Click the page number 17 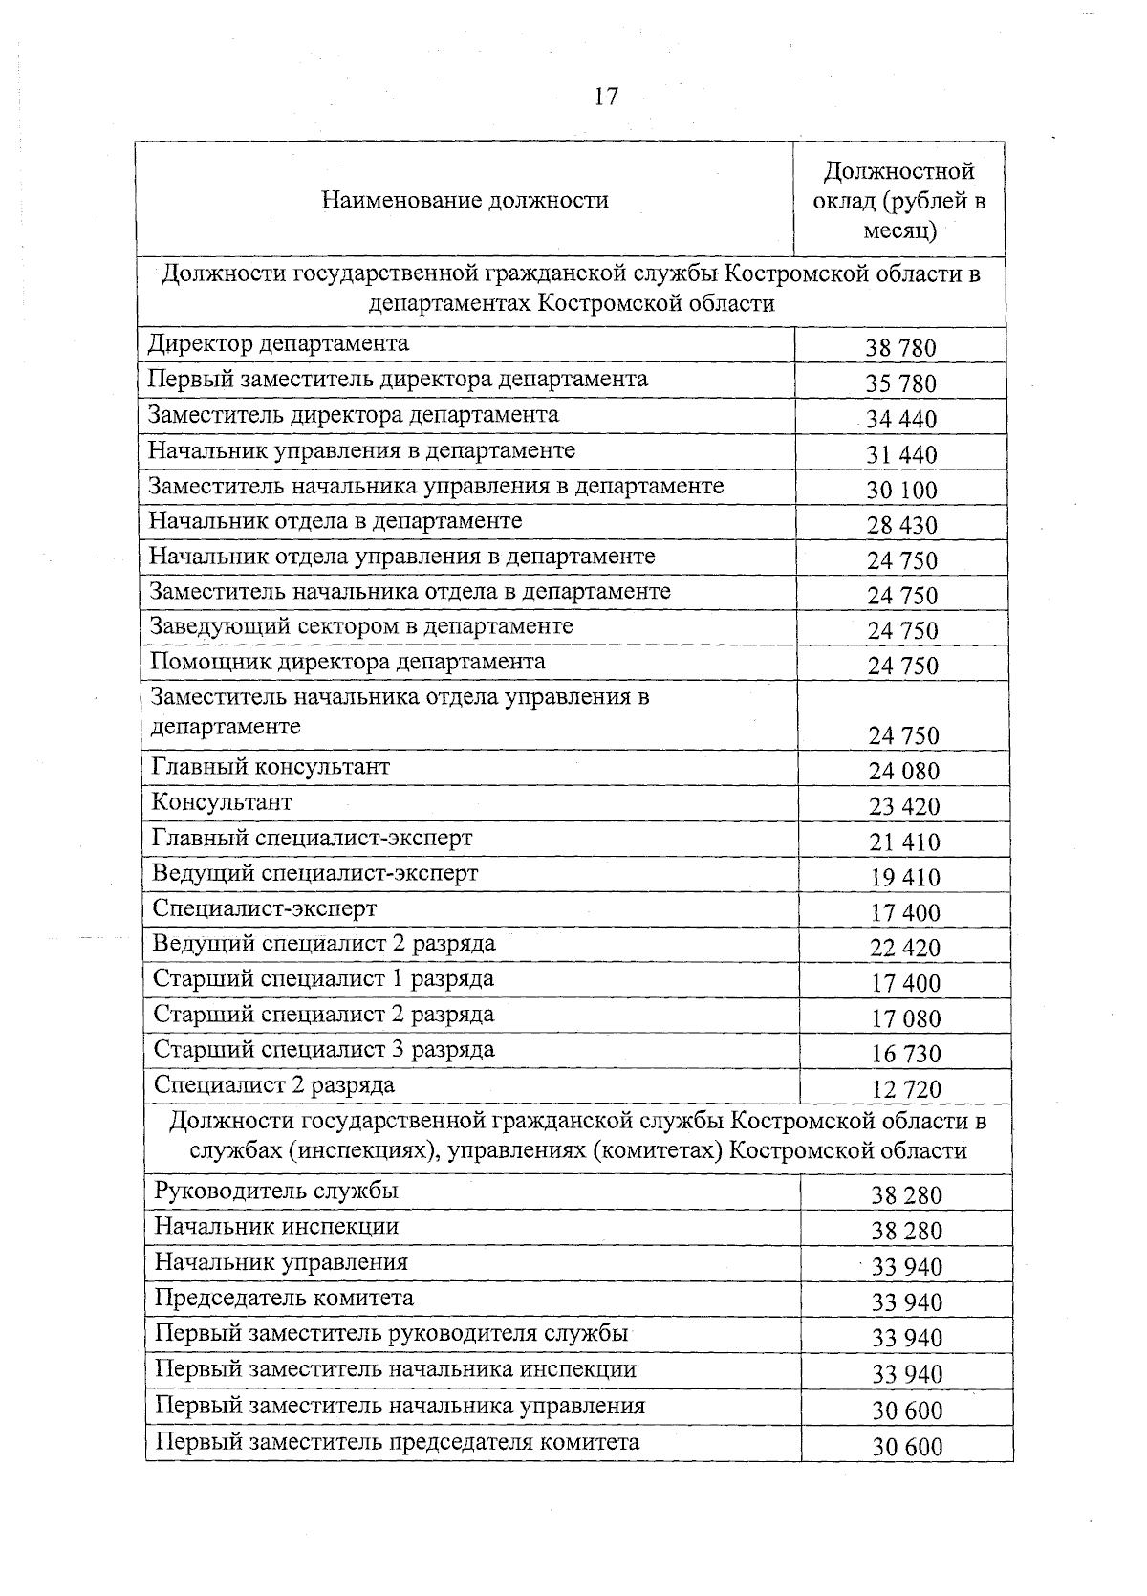[x=606, y=97]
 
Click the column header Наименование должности [x=465, y=200]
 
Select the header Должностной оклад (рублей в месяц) [x=898, y=201]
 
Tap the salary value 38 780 [x=900, y=348]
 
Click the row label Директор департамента [x=278, y=343]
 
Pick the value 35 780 [x=900, y=383]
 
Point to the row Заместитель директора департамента [x=353, y=415]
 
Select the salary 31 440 [x=901, y=454]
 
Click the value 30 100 [x=901, y=490]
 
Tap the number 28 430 [x=901, y=525]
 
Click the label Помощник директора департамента [x=348, y=662]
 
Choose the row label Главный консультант [x=271, y=767]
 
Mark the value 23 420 [x=904, y=806]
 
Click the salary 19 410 [x=904, y=877]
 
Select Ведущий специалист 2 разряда [x=324, y=944]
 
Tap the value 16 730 [x=906, y=1054]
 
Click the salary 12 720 [x=906, y=1089]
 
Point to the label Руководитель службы [x=276, y=1192]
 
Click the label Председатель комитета [x=284, y=1298]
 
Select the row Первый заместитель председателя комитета [x=398, y=1442]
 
